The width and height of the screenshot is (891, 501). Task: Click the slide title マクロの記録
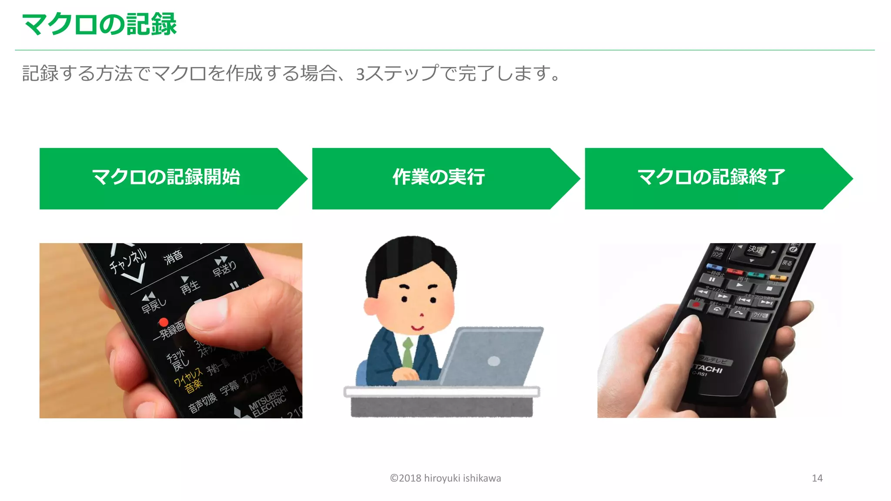tap(99, 24)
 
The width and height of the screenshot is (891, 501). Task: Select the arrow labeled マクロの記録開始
tap(166, 178)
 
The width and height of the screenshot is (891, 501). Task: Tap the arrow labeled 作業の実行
tap(439, 178)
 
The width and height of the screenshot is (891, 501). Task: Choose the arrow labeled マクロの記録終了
tap(711, 178)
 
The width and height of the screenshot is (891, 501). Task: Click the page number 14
tap(817, 478)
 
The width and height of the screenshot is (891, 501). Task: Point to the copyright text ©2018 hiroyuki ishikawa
tap(445, 478)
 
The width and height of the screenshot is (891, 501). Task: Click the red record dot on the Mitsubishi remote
tap(164, 322)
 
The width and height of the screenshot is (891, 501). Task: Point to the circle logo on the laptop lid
tap(494, 361)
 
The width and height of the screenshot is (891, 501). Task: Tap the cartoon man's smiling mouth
tap(418, 327)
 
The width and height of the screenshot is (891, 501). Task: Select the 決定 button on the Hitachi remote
tap(755, 250)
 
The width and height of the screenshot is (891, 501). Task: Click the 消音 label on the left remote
tap(173, 257)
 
